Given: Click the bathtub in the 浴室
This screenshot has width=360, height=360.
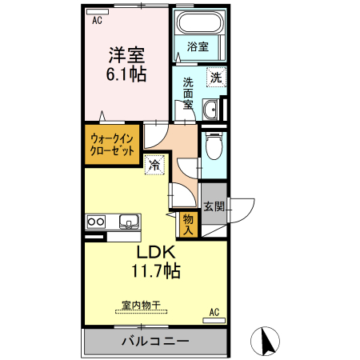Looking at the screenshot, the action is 201,22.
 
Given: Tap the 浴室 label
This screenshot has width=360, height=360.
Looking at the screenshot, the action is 198,47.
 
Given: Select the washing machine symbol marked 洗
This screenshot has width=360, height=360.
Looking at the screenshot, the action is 216,77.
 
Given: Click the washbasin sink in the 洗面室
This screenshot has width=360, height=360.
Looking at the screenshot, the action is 210,110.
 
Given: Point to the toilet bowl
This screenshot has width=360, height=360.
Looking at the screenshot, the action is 214,146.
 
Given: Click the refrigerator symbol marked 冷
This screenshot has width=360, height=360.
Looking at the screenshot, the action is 154,165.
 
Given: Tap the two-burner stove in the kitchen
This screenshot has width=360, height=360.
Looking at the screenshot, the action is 96,222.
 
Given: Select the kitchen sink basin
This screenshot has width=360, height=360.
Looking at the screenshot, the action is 129,222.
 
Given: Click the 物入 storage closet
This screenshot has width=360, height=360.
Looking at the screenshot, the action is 188,225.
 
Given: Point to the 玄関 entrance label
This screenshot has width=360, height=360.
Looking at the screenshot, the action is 214,206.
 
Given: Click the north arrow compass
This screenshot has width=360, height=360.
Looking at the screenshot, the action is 265,341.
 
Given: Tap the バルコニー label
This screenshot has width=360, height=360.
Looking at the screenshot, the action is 155,341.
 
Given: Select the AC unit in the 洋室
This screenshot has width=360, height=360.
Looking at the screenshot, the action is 98,12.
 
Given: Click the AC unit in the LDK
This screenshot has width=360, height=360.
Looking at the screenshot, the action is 214,321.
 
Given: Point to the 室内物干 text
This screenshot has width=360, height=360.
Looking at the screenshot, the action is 141,305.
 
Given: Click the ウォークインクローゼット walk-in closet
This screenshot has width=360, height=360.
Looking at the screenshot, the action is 112,145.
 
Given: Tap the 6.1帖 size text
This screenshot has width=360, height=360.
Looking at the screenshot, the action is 126,74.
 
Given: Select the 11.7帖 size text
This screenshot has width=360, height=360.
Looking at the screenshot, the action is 156,271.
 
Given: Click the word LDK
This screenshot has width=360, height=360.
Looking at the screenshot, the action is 156,252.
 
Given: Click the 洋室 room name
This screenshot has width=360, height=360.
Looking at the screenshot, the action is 126,55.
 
